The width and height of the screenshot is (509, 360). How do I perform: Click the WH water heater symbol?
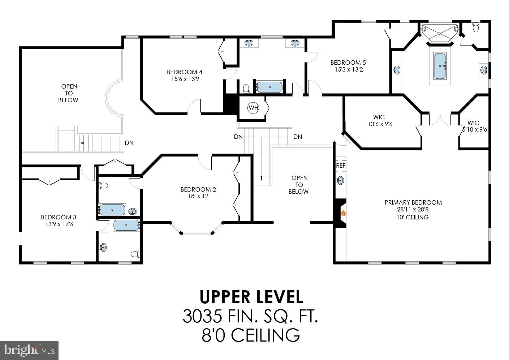(253, 108)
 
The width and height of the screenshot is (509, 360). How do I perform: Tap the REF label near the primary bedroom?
(341, 166)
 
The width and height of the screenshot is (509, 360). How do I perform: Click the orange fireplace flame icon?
(343, 214)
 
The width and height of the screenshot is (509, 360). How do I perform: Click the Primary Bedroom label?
(413, 202)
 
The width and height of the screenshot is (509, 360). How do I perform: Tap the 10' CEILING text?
(412, 217)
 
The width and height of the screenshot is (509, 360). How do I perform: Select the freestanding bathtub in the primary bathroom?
(440, 66)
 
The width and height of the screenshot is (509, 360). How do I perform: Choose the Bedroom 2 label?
(198, 189)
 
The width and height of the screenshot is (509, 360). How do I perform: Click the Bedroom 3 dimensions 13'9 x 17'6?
(59, 224)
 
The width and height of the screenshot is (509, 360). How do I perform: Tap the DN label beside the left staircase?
(129, 143)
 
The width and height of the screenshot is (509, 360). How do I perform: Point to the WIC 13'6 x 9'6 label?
(379, 121)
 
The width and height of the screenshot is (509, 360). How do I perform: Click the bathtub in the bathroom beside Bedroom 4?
(269, 87)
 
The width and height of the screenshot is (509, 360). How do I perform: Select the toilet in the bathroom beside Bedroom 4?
(246, 88)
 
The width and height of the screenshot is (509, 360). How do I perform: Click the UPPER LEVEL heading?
(251, 297)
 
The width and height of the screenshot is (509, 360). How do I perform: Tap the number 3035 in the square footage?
(202, 316)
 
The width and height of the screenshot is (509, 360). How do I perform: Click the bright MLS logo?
(29, 350)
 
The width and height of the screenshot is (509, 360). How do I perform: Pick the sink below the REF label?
(340, 180)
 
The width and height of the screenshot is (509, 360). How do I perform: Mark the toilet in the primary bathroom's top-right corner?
(476, 27)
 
